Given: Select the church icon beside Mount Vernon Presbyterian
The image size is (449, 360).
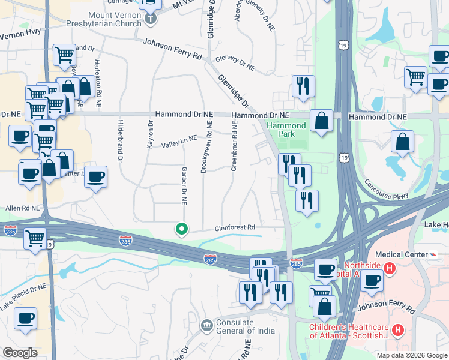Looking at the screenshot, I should point(151,19).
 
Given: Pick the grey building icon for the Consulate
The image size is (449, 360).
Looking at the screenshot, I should point(206,325).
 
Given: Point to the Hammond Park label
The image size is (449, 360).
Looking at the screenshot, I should point(286,130).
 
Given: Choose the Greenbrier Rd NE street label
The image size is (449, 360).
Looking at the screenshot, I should point(234,146).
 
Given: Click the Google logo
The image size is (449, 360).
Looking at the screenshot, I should point(20,352).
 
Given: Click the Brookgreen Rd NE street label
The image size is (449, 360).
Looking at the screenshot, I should point(206,146).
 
